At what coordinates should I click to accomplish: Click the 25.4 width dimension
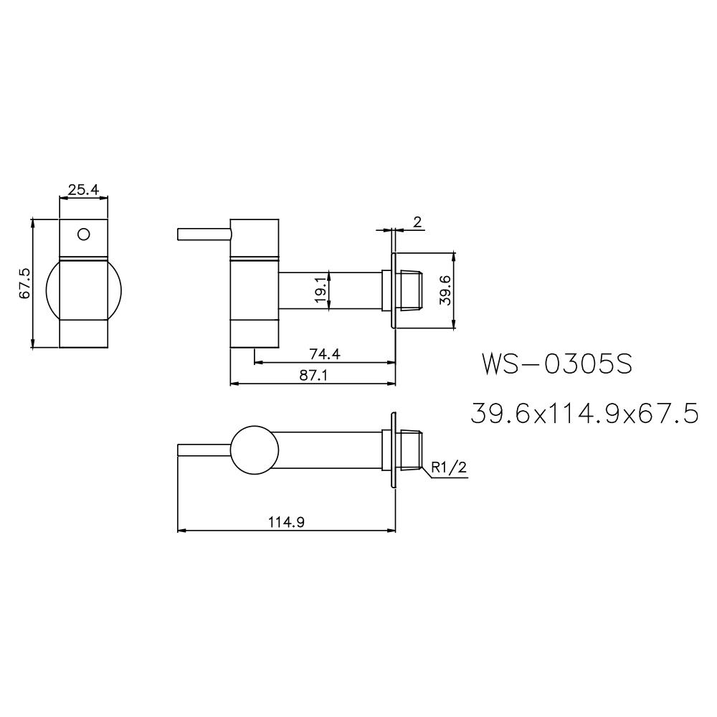pos(83,190)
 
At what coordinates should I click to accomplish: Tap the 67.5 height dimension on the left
pos(24,283)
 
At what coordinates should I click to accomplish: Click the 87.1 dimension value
pos(313,375)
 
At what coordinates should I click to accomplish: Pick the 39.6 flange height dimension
pos(445,290)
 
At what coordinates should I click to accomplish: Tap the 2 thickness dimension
pos(417,222)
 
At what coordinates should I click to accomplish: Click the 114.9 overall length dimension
pos(286,523)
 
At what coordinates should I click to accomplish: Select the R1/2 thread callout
pos(450,468)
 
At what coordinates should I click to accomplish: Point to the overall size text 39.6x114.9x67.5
pos(584,414)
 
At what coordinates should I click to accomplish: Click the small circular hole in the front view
pos(83,234)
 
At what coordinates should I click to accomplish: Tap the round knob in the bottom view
pos(254,450)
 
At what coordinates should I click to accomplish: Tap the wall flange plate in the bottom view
pos(393,450)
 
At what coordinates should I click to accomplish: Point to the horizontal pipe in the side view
pos(330,290)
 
